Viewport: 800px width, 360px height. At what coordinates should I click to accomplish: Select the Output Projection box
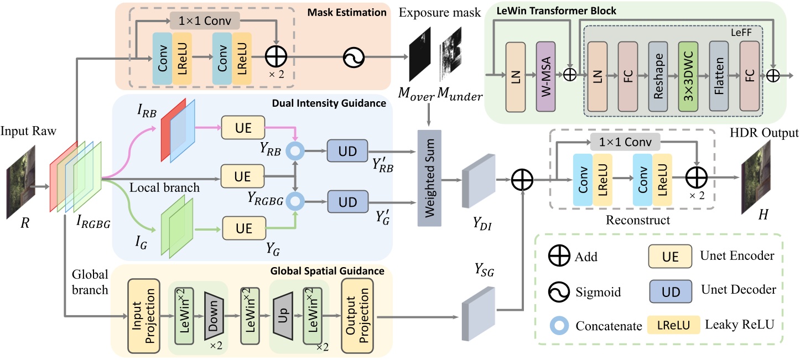coord(357,315)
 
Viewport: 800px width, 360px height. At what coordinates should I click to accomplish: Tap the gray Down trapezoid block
coord(212,316)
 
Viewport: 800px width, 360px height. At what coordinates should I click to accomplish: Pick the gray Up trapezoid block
coord(283,316)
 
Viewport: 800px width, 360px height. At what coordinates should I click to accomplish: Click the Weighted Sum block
coord(429,178)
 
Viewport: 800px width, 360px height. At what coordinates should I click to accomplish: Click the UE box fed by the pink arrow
coord(240,128)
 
